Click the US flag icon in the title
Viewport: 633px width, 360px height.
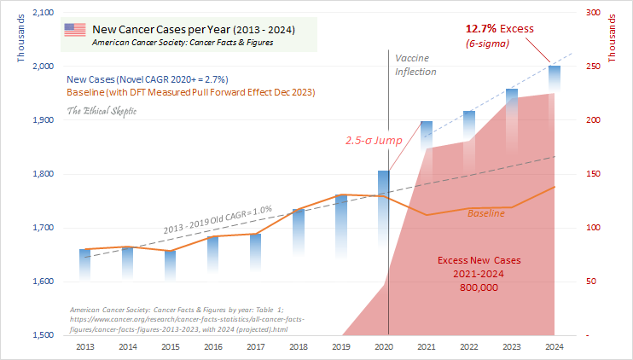point(74,30)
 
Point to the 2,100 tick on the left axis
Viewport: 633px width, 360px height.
point(41,12)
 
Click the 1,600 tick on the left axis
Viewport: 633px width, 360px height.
point(41,282)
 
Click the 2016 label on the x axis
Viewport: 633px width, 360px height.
point(212,347)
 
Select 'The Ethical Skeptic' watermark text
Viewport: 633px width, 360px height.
point(101,111)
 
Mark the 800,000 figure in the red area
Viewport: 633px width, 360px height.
point(479,287)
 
